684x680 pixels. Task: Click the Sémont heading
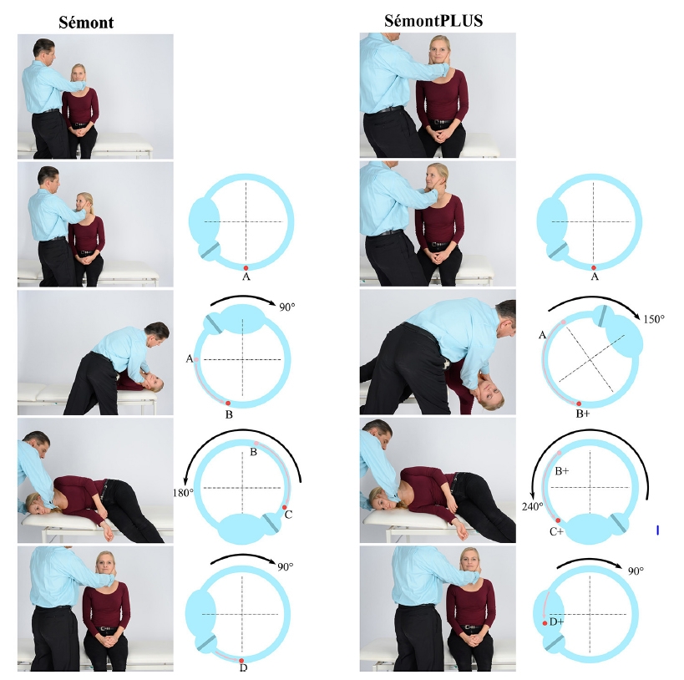click(x=86, y=23)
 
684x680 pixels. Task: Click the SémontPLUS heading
click(x=433, y=21)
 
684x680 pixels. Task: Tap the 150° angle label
click(x=653, y=319)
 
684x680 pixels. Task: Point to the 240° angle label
click(x=533, y=506)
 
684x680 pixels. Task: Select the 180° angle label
click(x=183, y=493)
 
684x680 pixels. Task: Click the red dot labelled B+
click(x=579, y=403)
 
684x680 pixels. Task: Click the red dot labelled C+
click(x=558, y=520)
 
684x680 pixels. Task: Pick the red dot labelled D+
click(x=545, y=623)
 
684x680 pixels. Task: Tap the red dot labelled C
click(x=285, y=507)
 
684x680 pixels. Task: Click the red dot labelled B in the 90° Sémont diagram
click(x=228, y=403)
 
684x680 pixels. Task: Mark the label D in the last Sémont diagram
click(x=243, y=667)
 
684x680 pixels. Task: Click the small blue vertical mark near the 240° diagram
click(x=657, y=530)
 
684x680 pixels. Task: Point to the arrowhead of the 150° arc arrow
click(x=640, y=317)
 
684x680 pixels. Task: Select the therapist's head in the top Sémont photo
click(x=44, y=50)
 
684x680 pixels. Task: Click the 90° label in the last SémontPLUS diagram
click(x=636, y=571)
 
